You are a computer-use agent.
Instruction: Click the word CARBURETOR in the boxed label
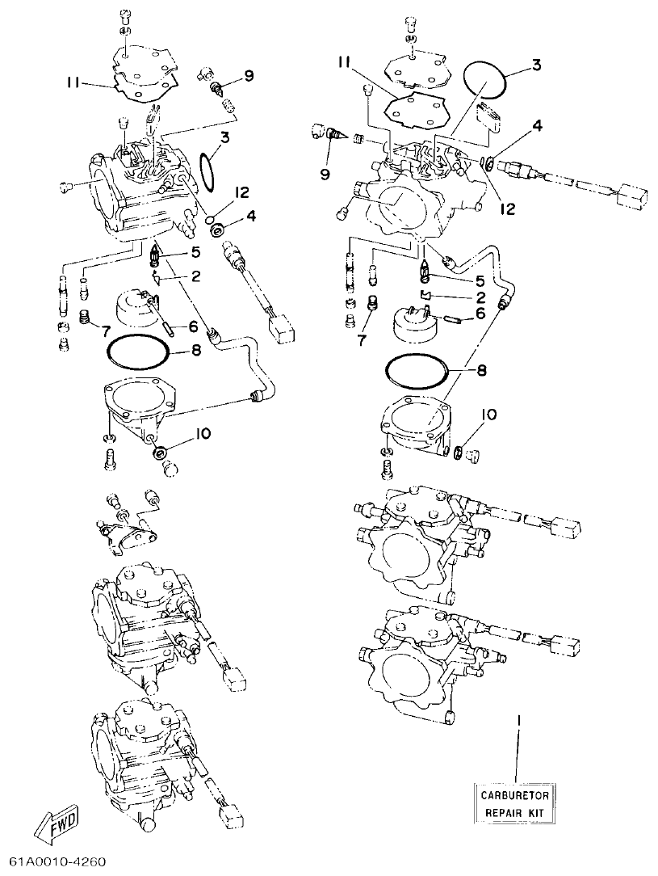pos(515,796)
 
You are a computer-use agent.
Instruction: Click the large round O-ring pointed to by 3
pos(486,80)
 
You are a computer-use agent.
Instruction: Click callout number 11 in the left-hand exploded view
pos(76,82)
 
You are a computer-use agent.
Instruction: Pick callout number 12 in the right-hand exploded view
pos(507,208)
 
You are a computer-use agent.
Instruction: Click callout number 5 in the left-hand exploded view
pos(195,254)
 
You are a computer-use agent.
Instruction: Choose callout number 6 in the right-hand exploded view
pos(480,313)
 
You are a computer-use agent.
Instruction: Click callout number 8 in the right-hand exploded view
pos(481,372)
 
